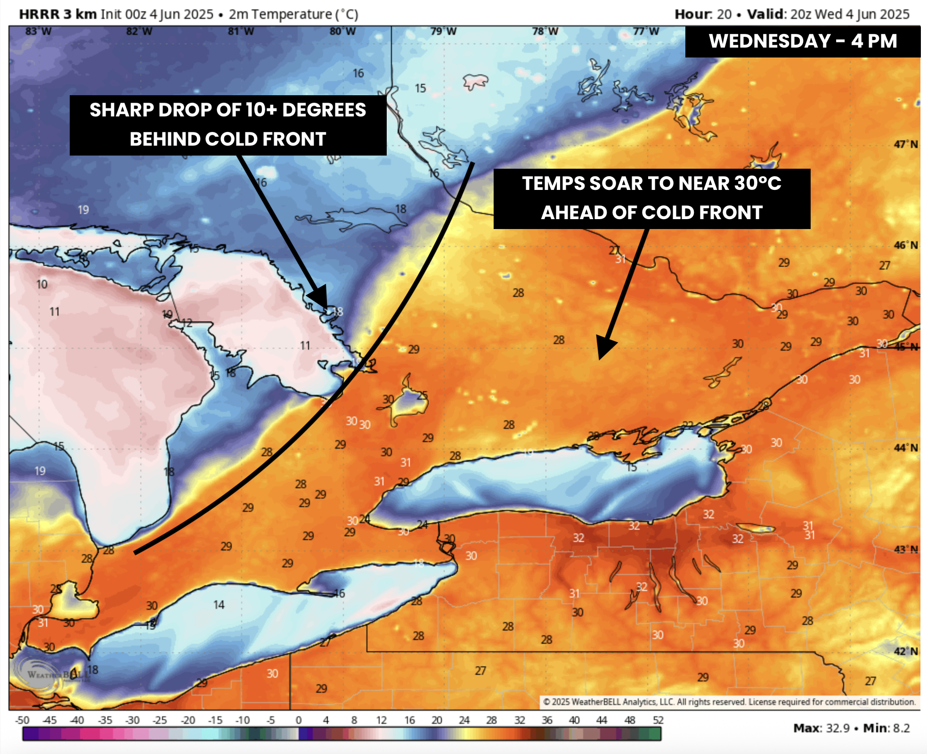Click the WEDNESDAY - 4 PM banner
(803, 41)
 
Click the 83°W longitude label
(39, 32)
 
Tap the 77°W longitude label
(646, 32)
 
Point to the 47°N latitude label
(905, 144)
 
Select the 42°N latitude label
(905, 651)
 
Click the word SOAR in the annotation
(616, 183)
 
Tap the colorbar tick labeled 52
(658, 720)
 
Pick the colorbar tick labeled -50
(22, 720)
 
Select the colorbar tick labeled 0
(298, 720)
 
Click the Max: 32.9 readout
(821, 728)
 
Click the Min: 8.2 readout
(886, 728)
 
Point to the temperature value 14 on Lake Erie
(219, 605)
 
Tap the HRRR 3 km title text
(57, 14)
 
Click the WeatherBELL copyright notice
(729, 702)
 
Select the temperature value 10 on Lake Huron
(42, 284)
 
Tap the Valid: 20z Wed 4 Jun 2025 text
(828, 14)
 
